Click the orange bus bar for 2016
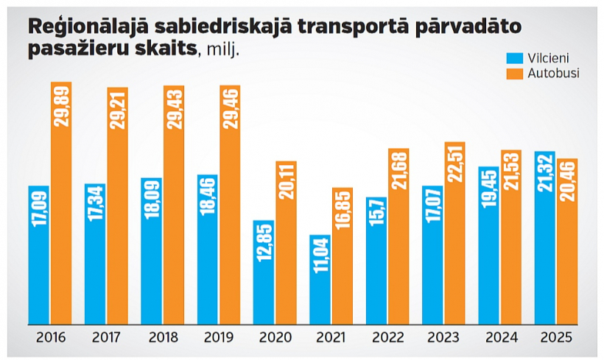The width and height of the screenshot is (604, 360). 61,202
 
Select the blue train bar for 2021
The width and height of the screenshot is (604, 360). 320,280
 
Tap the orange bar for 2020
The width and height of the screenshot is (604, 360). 286,243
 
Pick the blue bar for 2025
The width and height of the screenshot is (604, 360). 545,238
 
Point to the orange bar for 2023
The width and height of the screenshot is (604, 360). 455,233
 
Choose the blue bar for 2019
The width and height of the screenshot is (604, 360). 208,250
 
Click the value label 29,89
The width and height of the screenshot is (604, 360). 61,107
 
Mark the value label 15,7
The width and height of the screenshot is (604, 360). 376,216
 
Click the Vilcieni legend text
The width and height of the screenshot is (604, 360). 546,58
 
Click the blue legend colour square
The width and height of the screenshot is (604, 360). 513,58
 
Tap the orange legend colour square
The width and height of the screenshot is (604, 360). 513,74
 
